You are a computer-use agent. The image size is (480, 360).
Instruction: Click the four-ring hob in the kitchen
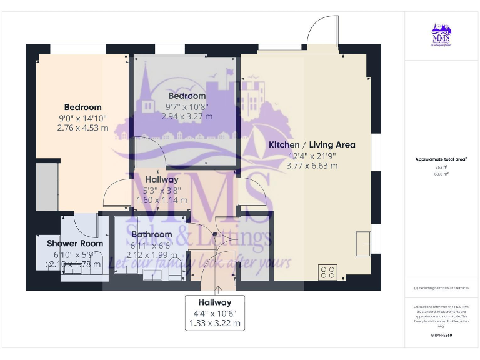(x=328, y=272)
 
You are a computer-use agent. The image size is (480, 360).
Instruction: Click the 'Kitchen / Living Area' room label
(x=312, y=144)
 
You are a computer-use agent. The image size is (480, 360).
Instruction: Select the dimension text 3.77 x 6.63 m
(x=312, y=166)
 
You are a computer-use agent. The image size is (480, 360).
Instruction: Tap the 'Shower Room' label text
(x=75, y=244)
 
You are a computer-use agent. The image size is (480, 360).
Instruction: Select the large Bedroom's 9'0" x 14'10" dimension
(x=82, y=117)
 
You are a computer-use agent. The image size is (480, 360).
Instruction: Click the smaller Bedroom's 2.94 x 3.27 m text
(x=187, y=116)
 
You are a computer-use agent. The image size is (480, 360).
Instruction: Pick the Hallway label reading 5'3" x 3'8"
(x=162, y=191)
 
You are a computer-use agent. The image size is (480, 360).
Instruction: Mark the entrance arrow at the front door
(x=217, y=288)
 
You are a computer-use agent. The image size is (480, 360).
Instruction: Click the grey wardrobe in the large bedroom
(x=47, y=186)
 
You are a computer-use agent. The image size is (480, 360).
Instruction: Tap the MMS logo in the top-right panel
(x=441, y=34)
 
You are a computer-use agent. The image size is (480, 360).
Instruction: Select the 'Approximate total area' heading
(x=441, y=159)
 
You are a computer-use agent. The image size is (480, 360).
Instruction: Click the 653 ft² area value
(x=441, y=167)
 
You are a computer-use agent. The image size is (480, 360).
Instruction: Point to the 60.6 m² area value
(x=441, y=174)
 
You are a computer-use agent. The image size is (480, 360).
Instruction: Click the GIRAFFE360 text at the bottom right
(x=441, y=336)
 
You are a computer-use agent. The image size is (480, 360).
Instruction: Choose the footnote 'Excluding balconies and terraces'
(x=441, y=288)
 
